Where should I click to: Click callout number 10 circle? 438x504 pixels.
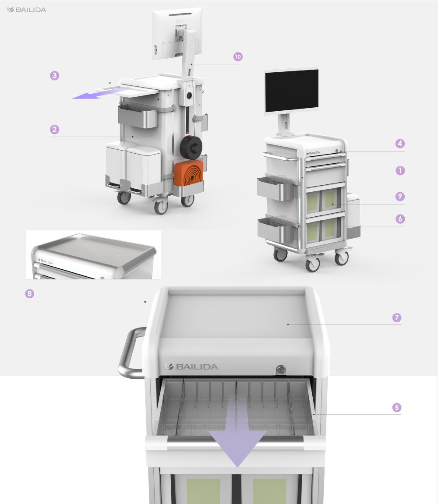[238, 56]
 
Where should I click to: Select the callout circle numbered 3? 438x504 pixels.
[54, 76]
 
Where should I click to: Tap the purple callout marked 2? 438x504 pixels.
[54, 130]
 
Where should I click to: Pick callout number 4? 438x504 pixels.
[400, 143]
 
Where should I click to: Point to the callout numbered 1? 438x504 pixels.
[400, 170]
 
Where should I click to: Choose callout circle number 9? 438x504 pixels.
[400, 197]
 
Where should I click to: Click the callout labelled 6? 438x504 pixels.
[400, 219]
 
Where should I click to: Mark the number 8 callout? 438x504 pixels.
[30, 294]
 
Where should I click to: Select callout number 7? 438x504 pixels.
[397, 317]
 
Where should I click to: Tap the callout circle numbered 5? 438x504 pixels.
[396, 407]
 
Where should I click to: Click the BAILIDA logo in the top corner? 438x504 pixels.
[27, 10]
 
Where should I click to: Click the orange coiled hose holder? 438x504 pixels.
[189, 173]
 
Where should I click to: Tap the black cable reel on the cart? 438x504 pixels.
[191, 147]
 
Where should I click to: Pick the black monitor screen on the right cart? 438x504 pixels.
[291, 91]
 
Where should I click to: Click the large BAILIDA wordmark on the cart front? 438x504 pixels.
[191, 367]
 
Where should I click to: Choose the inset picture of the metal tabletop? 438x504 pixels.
[93, 254]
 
